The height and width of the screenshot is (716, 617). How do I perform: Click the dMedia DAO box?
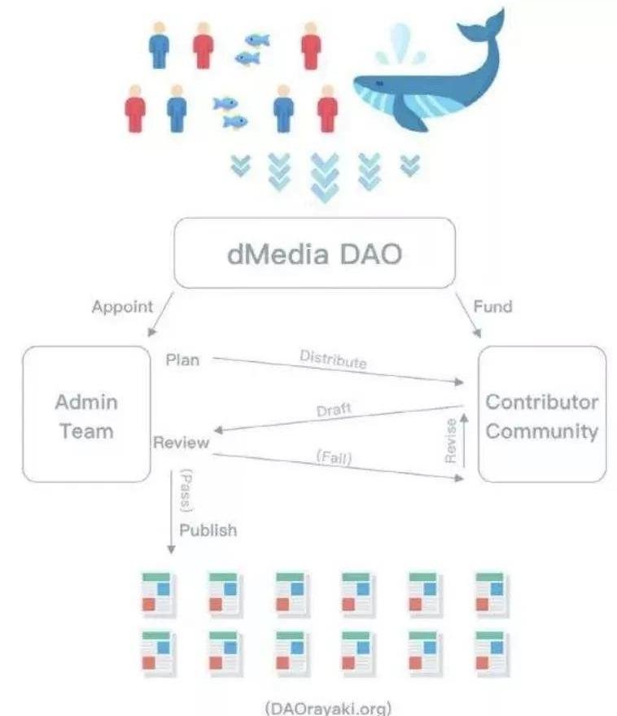pos(314,252)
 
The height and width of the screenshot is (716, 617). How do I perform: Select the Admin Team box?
pos(86,414)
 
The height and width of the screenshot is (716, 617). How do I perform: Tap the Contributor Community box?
pos(541,414)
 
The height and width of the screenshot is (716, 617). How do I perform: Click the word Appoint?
pos(122,307)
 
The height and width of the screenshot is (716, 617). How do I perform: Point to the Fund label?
pos(494,307)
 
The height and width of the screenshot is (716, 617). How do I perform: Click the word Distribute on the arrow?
pos(333,359)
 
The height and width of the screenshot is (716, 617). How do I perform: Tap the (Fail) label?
pos(334,459)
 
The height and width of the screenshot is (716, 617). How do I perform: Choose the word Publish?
pos(208,530)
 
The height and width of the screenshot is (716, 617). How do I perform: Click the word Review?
pos(181,443)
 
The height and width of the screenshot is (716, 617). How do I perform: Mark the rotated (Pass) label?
pos(185,490)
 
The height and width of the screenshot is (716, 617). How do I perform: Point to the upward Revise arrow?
pos(464,439)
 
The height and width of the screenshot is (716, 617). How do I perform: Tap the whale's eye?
pos(375,85)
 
